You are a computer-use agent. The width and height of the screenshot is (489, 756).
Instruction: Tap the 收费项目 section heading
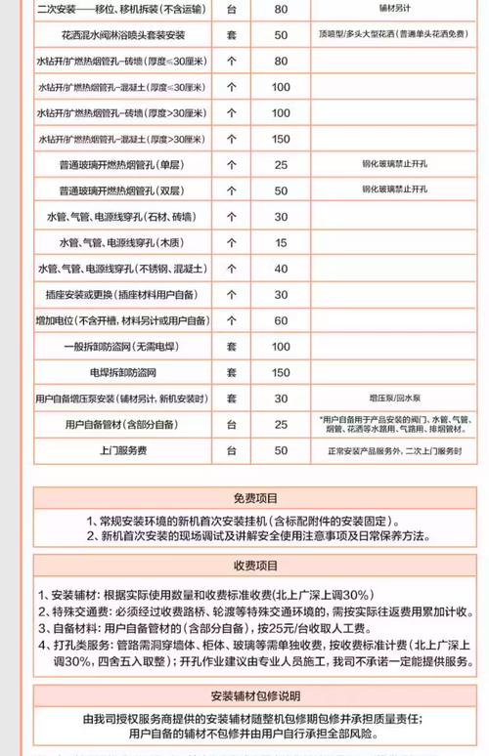244,566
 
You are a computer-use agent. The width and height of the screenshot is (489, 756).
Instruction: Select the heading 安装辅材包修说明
244,696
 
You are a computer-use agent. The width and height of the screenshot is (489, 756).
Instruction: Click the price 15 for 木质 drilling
281,242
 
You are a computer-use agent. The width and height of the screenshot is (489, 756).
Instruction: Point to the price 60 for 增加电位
281,320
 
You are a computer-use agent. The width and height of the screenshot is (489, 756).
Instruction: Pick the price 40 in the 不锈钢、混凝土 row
281,269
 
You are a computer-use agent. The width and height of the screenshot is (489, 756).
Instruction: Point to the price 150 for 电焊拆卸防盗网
281,372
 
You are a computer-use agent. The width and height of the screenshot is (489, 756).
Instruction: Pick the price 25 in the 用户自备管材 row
281,424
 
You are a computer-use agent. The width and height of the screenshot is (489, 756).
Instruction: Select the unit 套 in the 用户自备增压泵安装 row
232,399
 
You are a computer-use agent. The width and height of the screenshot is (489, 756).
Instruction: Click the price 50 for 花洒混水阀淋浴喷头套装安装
281,35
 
